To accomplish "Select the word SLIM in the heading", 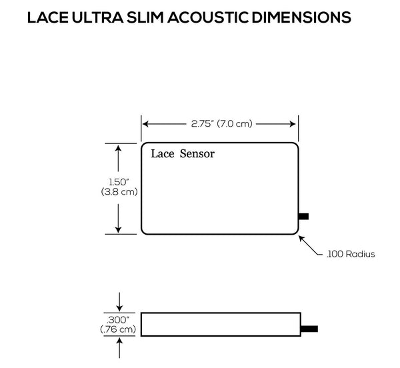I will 163,19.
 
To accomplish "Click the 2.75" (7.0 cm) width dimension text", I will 220,123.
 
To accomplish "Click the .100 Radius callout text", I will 350,254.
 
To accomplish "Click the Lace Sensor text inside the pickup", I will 182,155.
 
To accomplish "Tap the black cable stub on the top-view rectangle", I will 303,215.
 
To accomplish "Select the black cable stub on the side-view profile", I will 308,329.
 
